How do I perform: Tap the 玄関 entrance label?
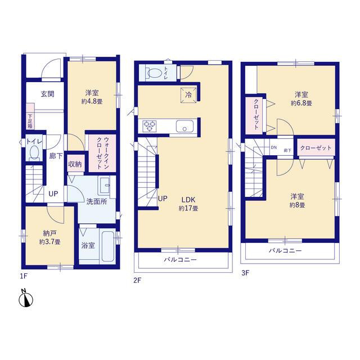coord(47,94)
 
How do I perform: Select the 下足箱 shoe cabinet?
coord(30,116)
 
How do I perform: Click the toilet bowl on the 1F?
coord(34,152)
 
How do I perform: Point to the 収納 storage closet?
coord(75,164)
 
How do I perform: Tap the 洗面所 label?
coord(97,201)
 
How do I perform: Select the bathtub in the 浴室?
coord(107,246)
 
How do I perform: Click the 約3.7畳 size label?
coord(49,242)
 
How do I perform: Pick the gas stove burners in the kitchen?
coord(150,126)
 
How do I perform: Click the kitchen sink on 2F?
coord(184,127)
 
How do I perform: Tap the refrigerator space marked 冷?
coord(188,95)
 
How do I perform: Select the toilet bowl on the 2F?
coord(154,74)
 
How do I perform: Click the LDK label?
coord(188,200)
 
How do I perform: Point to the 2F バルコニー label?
coord(180,260)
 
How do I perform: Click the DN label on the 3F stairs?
coord(274,147)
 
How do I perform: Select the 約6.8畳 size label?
coord(301,103)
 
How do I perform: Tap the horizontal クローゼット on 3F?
coord(316,148)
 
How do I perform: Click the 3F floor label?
coord(245,273)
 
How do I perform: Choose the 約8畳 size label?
coord(297,205)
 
